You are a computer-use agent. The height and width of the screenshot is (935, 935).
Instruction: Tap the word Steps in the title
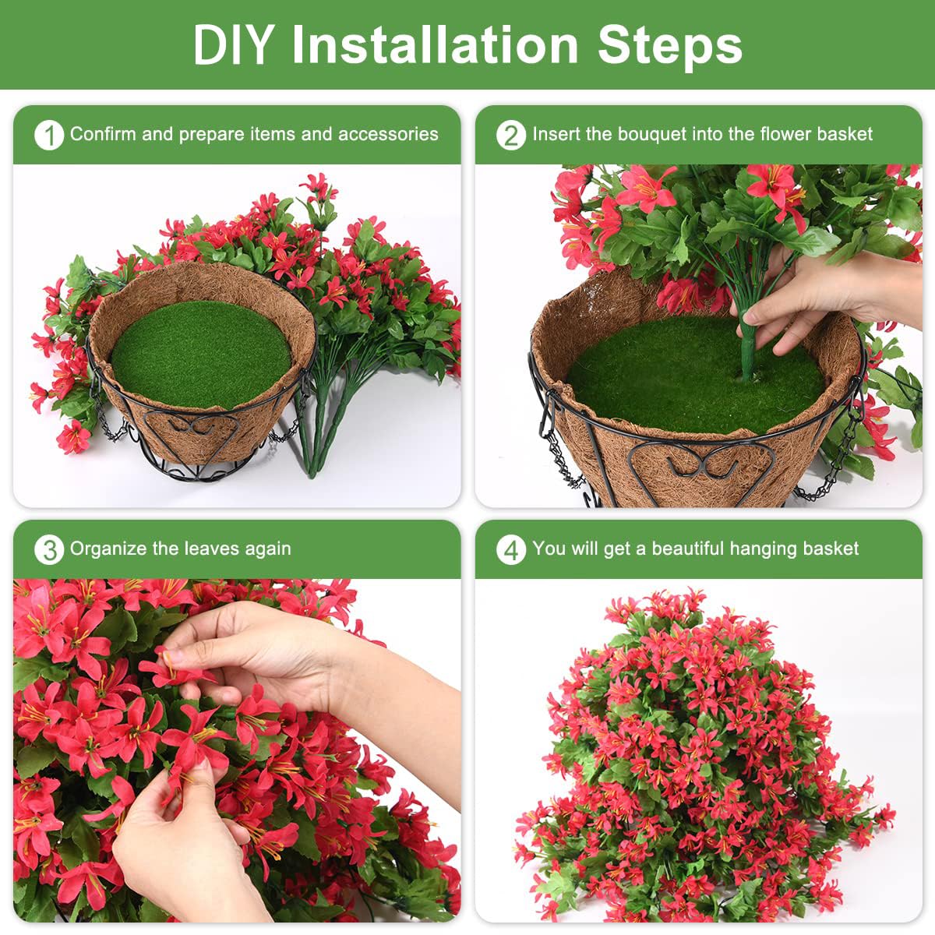[669, 44]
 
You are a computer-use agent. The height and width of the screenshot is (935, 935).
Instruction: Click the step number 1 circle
[48, 135]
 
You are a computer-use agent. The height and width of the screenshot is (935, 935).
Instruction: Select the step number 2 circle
[510, 135]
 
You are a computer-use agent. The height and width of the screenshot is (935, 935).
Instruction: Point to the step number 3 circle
[48, 549]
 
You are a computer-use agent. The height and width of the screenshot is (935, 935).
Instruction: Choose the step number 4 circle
[510, 549]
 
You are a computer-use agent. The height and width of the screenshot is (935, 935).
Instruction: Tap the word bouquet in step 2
[652, 134]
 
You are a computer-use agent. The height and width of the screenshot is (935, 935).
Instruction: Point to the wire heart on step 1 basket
[195, 427]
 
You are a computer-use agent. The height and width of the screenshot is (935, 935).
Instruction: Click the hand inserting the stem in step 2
[810, 296]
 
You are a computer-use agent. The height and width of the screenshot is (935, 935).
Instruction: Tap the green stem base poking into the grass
[749, 355]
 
